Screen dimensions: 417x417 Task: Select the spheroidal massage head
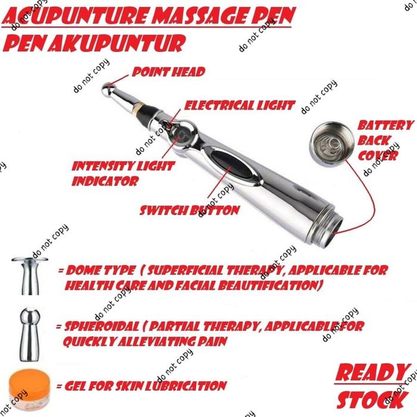(x=30, y=334)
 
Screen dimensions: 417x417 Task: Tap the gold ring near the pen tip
(x=137, y=107)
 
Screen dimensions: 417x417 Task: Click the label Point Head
(x=169, y=72)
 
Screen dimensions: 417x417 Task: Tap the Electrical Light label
(x=239, y=105)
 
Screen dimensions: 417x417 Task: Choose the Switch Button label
(x=189, y=210)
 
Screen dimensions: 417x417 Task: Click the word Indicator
(x=105, y=181)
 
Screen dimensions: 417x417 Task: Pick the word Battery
(x=385, y=125)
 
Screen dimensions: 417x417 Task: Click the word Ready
(x=372, y=373)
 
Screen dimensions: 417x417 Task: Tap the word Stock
(x=372, y=400)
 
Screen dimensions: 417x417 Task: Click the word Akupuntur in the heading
(x=116, y=42)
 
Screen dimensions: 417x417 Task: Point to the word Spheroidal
(x=102, y=326)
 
